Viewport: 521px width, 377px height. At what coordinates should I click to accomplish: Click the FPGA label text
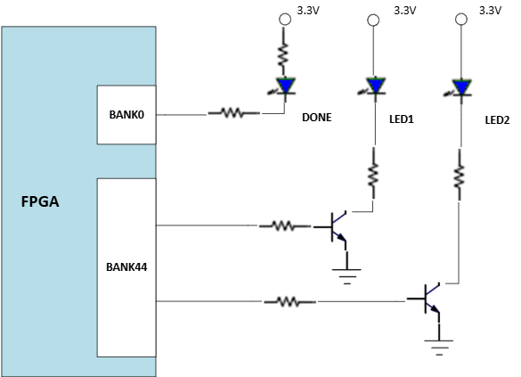pyautogui.click(x=40, y=201)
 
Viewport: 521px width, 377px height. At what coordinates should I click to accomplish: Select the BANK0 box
pyautogui.click(x=126, y=115)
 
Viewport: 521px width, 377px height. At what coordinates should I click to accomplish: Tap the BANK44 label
pyautogui.click(x=126, y=267)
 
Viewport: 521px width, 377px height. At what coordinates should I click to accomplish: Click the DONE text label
pyautogui.click(x=317, y=118)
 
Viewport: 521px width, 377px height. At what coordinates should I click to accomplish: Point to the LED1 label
pyautogui.click(x=402, y=119)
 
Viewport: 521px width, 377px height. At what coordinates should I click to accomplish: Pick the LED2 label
pyautogui.click(x=497, y=120)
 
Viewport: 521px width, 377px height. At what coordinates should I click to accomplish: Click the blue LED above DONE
pyautogui.click(x=285, y=86)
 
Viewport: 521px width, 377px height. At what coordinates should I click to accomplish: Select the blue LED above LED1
pyautogui.click(x=374, y=86)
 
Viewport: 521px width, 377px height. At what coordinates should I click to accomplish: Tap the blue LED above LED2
pyautogui.click(x=460, y=87)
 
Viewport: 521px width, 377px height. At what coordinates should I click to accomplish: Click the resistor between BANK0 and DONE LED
pyautogui.click(x=234, y=113)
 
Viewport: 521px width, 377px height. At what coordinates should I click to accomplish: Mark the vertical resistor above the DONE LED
pyautogui.click(x=283, y=56)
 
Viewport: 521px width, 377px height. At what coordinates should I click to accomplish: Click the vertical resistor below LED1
pyautogui.click(x=373, y=174)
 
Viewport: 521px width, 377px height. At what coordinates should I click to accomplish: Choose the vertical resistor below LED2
pyautogui.click(x=460, y=175)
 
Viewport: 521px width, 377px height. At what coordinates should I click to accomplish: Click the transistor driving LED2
pyautogui.click(x=427, y=299)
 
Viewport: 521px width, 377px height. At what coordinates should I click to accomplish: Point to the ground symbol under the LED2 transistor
pyautogui.click(x=439, y=346)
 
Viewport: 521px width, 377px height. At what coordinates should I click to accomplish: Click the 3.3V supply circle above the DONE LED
pyautogui.click(x=285, y=20)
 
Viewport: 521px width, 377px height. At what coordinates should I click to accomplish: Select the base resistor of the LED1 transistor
pyautogui.click(x=285, y=226)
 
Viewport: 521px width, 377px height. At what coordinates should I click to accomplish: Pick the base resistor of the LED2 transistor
pyautogui.click(x=290, y=302)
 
